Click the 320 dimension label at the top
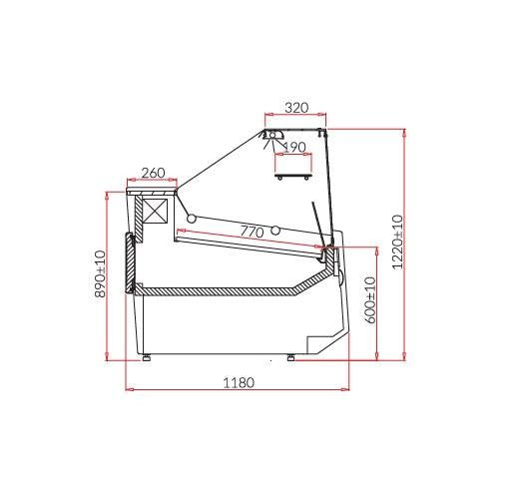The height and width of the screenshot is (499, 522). click(296, 108)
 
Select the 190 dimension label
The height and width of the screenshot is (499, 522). click(294, 147)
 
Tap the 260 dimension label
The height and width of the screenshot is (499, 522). click(153, 173)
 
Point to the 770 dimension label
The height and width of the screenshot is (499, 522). click(252, 232)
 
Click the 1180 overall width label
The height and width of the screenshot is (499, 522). click(239, 383)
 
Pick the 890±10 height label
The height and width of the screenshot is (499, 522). click(100, 273)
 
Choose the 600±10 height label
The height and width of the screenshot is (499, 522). click(370, 300)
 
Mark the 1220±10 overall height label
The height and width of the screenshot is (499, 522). click(397, 243)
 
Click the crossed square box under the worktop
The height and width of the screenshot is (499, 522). click(155, 211)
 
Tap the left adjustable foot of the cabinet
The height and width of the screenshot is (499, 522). click(146, 357)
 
